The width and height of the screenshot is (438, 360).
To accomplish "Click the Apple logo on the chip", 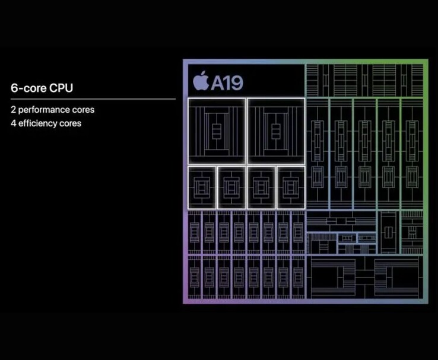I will coord(201,81).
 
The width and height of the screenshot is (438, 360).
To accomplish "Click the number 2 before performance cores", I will coord(13,110).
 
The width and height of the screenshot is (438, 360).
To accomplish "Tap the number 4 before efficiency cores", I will coord(13,123).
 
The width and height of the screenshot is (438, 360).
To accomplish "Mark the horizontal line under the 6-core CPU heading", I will coord(93,99).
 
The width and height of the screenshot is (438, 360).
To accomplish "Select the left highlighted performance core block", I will coord(217,130).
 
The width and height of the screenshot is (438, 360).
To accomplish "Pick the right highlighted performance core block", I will coord(275,130).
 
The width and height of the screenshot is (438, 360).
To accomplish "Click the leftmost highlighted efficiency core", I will coord(202,187).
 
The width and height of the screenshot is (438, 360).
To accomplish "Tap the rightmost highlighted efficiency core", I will coord(291,187).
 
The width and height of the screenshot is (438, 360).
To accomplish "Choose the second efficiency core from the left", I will coord(231,187).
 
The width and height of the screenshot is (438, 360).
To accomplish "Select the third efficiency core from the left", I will coord(261,187).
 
